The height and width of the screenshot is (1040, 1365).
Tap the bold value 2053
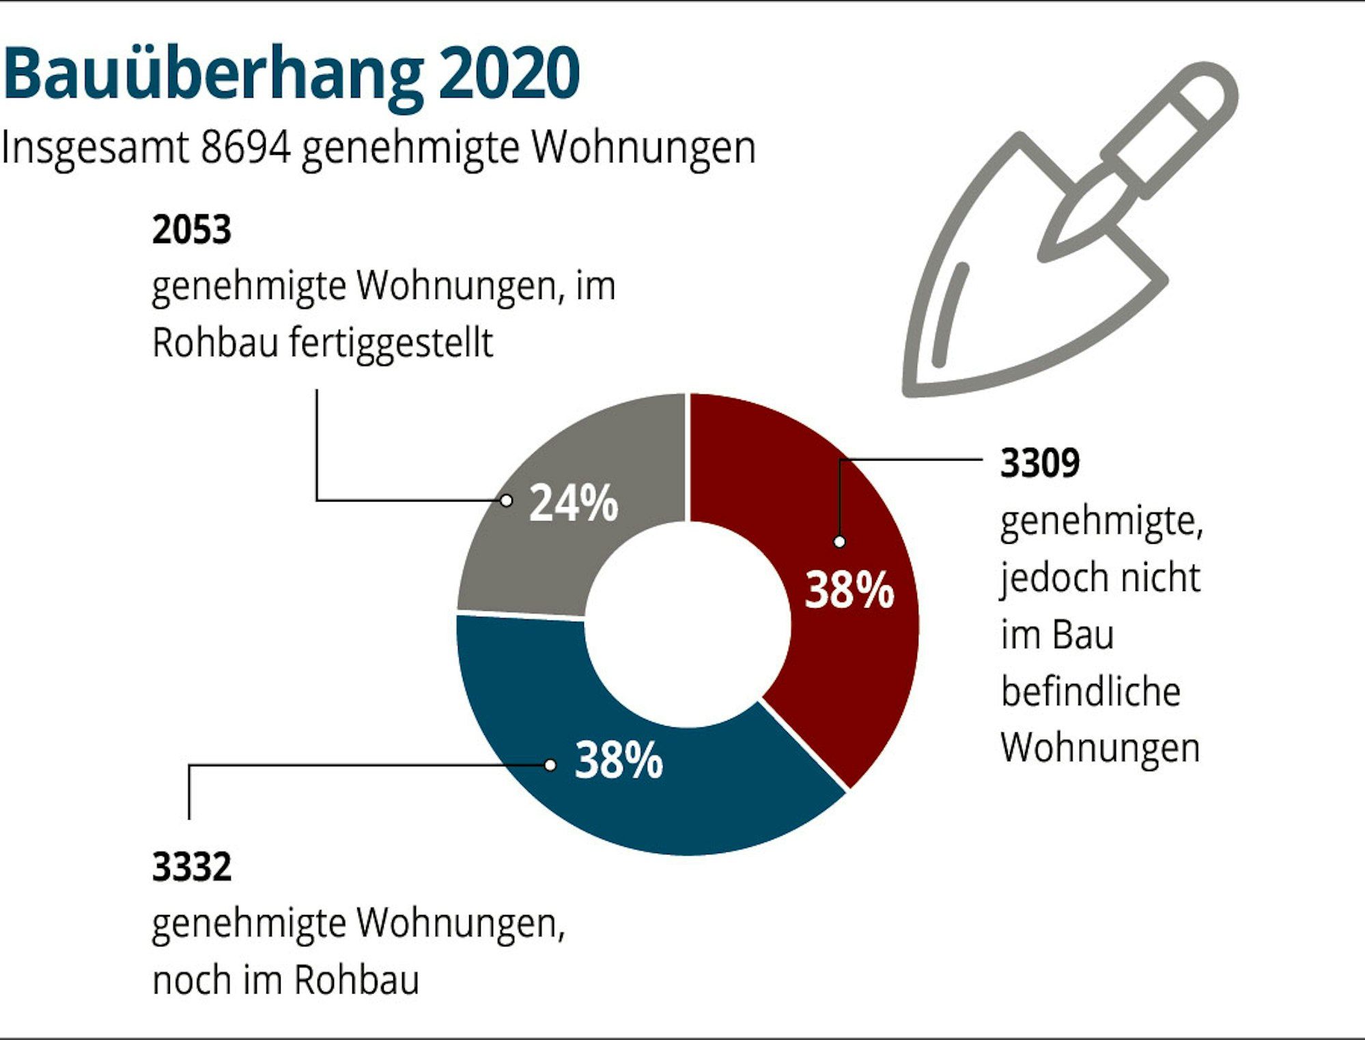[192, 229]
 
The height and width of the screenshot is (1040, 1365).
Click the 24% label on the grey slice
[574, 503]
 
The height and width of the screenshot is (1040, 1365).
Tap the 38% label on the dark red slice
[849, 590]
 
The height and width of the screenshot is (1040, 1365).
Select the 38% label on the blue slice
[619, 760]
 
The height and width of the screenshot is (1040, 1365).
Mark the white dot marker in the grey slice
[506, 501]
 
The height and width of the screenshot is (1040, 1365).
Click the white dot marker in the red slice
[840, 542]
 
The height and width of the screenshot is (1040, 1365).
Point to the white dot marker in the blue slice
[550, 765]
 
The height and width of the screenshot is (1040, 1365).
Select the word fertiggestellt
[391, 343]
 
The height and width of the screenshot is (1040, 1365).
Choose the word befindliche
[1090, 692]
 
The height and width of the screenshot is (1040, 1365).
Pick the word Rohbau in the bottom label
[356, 981]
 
